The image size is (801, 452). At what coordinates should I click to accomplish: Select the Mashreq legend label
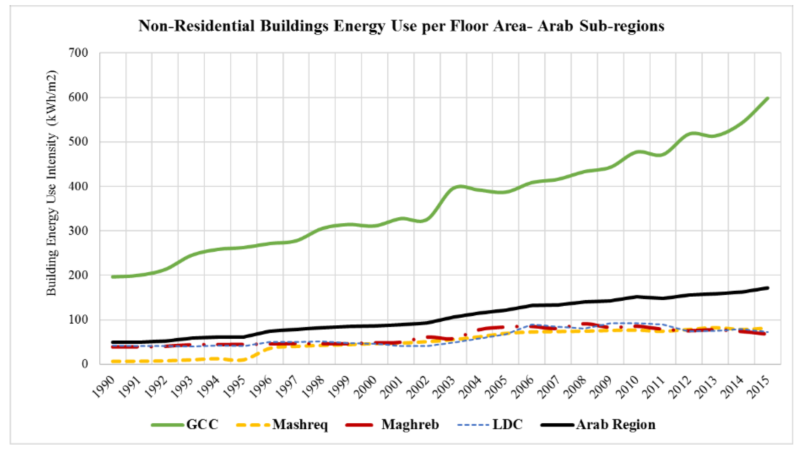coord(300,424)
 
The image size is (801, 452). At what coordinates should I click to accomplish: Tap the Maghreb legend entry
coord(410,424)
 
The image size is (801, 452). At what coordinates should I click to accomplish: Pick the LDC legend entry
coord(507,424)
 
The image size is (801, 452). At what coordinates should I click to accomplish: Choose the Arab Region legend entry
coord(616,424)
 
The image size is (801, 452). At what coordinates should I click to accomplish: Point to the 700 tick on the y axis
coord(79,53)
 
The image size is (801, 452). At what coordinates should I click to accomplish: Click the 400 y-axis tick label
coord(79,186)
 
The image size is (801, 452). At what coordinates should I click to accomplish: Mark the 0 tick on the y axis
coord(84,364)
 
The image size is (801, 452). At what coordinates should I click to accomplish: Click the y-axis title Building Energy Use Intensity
coord(52,184)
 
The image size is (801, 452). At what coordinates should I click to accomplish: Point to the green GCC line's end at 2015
coord(768,98)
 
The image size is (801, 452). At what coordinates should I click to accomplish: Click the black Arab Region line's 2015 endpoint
coord(768,288)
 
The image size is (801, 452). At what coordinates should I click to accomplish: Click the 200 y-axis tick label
coord(79,275)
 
